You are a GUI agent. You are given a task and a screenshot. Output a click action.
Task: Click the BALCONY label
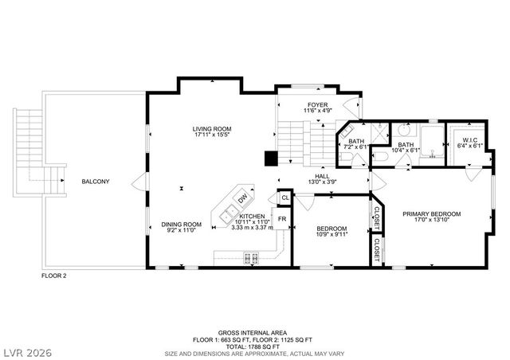click(96, 182)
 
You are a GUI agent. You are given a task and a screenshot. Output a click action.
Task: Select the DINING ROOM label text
click(182, 225)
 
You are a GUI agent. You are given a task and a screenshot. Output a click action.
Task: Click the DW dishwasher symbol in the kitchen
click(241, 198)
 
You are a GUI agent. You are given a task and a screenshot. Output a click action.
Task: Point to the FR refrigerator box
click(282, 218)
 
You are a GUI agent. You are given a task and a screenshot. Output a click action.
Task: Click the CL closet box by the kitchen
click(284, 197)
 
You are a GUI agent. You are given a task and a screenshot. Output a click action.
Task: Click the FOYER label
click(317, 105)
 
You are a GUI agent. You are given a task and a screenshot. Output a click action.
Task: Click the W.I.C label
click(469, 141)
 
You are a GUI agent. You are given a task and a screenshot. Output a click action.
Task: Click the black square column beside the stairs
click(271, 158)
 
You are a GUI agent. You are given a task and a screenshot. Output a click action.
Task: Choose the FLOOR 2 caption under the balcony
click(54, 276)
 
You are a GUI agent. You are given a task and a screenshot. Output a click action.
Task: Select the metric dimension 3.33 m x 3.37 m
click(252, 227)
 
